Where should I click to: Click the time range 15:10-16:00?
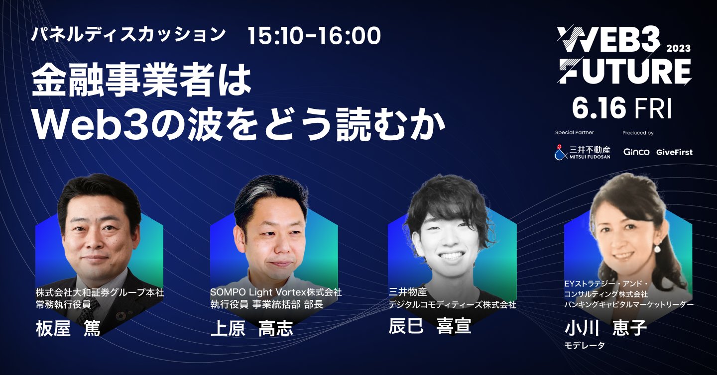(x=314, y=35)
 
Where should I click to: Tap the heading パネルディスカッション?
(x=128, y=35)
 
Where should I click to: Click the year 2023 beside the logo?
(x=678, y=48)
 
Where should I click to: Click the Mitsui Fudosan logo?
(x=582, y=152)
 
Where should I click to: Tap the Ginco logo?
(x=636, y=152)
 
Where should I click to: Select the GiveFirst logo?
(x=674, y=152)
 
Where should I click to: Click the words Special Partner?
(x=574, y=133)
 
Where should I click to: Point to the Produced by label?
(x=638, y=133)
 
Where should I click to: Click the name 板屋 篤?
(x=68, y=329)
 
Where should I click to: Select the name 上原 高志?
(x=252, y=329)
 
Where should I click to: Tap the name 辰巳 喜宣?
(x=429, y=326)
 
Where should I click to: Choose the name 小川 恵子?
(x=606, y=329)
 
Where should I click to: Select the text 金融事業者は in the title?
(x=141, y=82)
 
